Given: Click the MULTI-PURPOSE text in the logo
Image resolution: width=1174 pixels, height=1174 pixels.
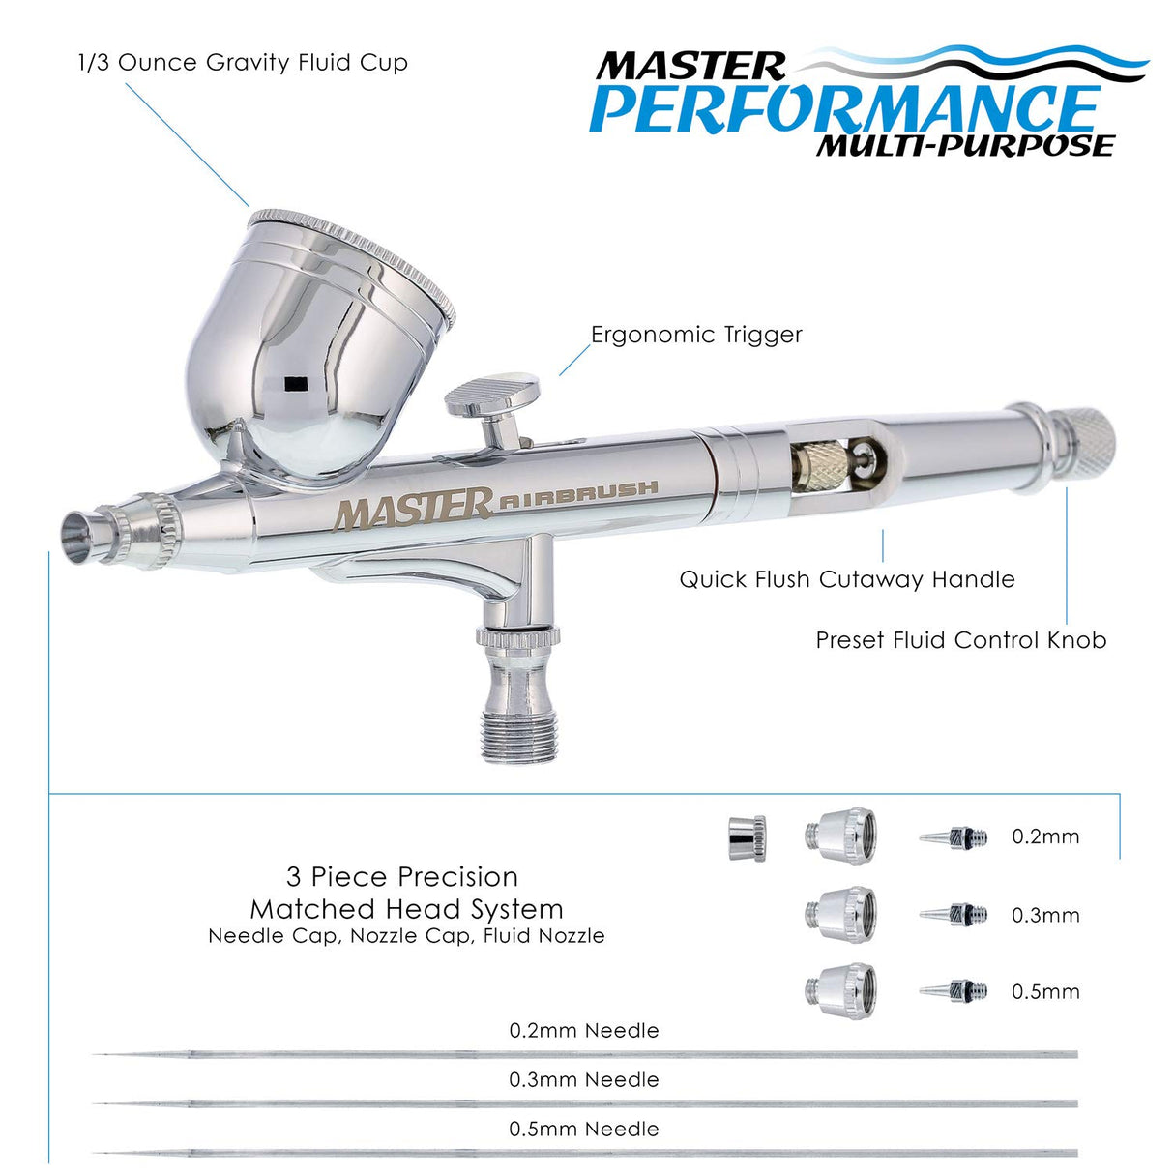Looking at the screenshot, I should tap(964, 145).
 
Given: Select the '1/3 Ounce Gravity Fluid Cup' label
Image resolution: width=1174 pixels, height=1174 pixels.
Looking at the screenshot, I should tap(243, 63).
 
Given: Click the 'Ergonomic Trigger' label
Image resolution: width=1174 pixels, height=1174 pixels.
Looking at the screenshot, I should tap(696, 335).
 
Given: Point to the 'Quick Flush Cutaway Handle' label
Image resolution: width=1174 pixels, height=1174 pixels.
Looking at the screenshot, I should tap(846, 579).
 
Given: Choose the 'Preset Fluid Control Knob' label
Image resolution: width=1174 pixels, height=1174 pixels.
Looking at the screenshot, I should tap(960, 640).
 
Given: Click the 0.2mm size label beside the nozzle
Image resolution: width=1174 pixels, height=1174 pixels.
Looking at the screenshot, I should tap(1045, 836).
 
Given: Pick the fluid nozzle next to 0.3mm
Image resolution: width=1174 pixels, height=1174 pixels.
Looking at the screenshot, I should tap(954, 914).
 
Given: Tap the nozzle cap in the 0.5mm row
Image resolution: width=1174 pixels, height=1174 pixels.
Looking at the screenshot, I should tap(841, 989).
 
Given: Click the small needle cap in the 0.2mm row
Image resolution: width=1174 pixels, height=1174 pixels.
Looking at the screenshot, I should tap(748, 837).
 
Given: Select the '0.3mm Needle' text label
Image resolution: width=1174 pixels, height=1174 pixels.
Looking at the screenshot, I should tap(584, 1079).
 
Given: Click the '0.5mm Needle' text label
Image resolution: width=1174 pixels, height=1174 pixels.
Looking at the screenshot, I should tap(584, 1129).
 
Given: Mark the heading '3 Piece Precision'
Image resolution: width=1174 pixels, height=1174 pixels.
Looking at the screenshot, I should tap(402, 877).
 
